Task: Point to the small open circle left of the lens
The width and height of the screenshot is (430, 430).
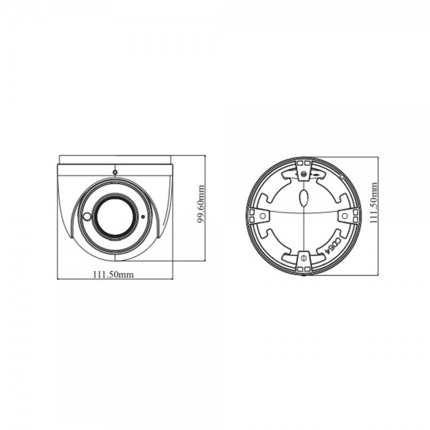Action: [87, 216]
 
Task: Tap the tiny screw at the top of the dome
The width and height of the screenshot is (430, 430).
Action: [115, 172]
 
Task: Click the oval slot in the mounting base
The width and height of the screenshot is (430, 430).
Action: [303, 196]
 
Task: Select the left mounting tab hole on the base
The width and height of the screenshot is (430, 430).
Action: [263, 215]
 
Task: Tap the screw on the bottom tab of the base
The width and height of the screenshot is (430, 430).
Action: [303, 257]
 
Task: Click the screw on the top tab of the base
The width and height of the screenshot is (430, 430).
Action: [303, 173]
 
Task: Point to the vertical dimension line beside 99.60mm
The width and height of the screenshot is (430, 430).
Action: [206, 215]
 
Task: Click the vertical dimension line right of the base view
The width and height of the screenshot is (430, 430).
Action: [378, 215]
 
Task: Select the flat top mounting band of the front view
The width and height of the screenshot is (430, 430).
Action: [115, 169]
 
